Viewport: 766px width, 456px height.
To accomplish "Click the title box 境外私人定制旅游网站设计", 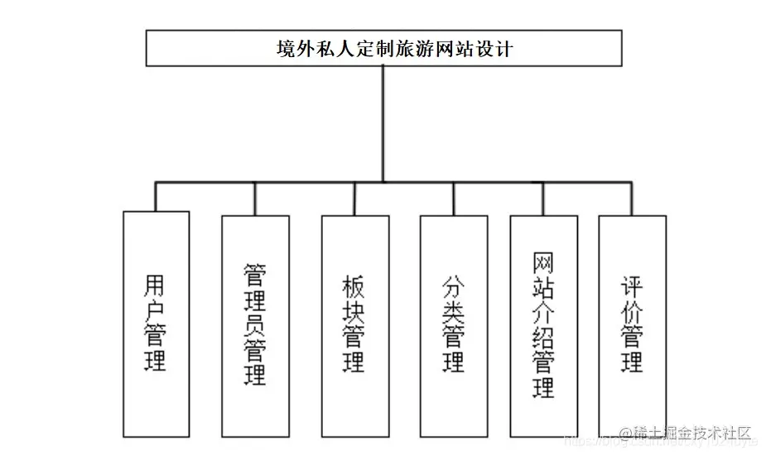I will click(383, 48).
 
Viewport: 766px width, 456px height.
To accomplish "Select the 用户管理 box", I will click(156, 324).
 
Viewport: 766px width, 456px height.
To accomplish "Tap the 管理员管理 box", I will click(255, 325).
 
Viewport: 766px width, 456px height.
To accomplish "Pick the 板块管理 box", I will click(354, 325).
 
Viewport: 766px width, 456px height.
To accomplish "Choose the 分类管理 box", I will click(454, 325).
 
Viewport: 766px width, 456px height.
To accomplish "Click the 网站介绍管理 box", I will click(543, 325).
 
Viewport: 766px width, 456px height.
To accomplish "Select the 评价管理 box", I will click(633, 325).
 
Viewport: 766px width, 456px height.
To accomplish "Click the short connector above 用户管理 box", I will click(156, 196).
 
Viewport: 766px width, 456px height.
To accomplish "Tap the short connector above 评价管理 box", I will click(633, 199).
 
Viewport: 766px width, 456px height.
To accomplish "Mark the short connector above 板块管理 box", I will click(354, 199).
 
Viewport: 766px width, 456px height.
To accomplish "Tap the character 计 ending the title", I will click(503, 49).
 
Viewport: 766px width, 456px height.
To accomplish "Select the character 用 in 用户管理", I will click(156, 286).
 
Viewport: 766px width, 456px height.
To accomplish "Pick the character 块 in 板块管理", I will click(354, 312).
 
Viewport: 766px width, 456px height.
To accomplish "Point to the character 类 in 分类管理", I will click(454, 312).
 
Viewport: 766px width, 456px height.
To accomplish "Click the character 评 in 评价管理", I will click(633, 287).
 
